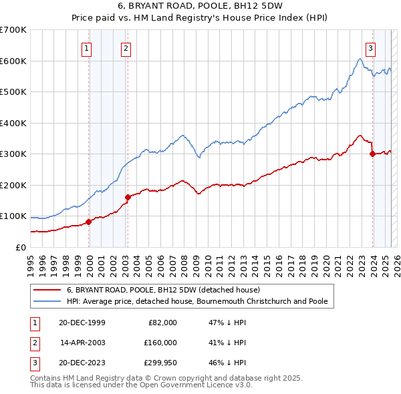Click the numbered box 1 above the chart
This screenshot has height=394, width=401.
(88, 47)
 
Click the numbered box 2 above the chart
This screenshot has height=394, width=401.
(126, 47)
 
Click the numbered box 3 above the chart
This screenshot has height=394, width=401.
(370, 47)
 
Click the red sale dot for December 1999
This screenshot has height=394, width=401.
(89, 222)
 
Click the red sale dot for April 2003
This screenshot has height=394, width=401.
(128, 197)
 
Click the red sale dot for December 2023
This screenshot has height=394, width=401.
(372, 154)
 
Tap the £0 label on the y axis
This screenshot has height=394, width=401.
(20, 247)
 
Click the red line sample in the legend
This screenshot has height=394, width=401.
(47, 290)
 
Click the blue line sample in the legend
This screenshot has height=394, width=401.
(47, 301)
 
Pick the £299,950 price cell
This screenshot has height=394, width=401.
(160, 363)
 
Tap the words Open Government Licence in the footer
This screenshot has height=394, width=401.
(200, 385)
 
